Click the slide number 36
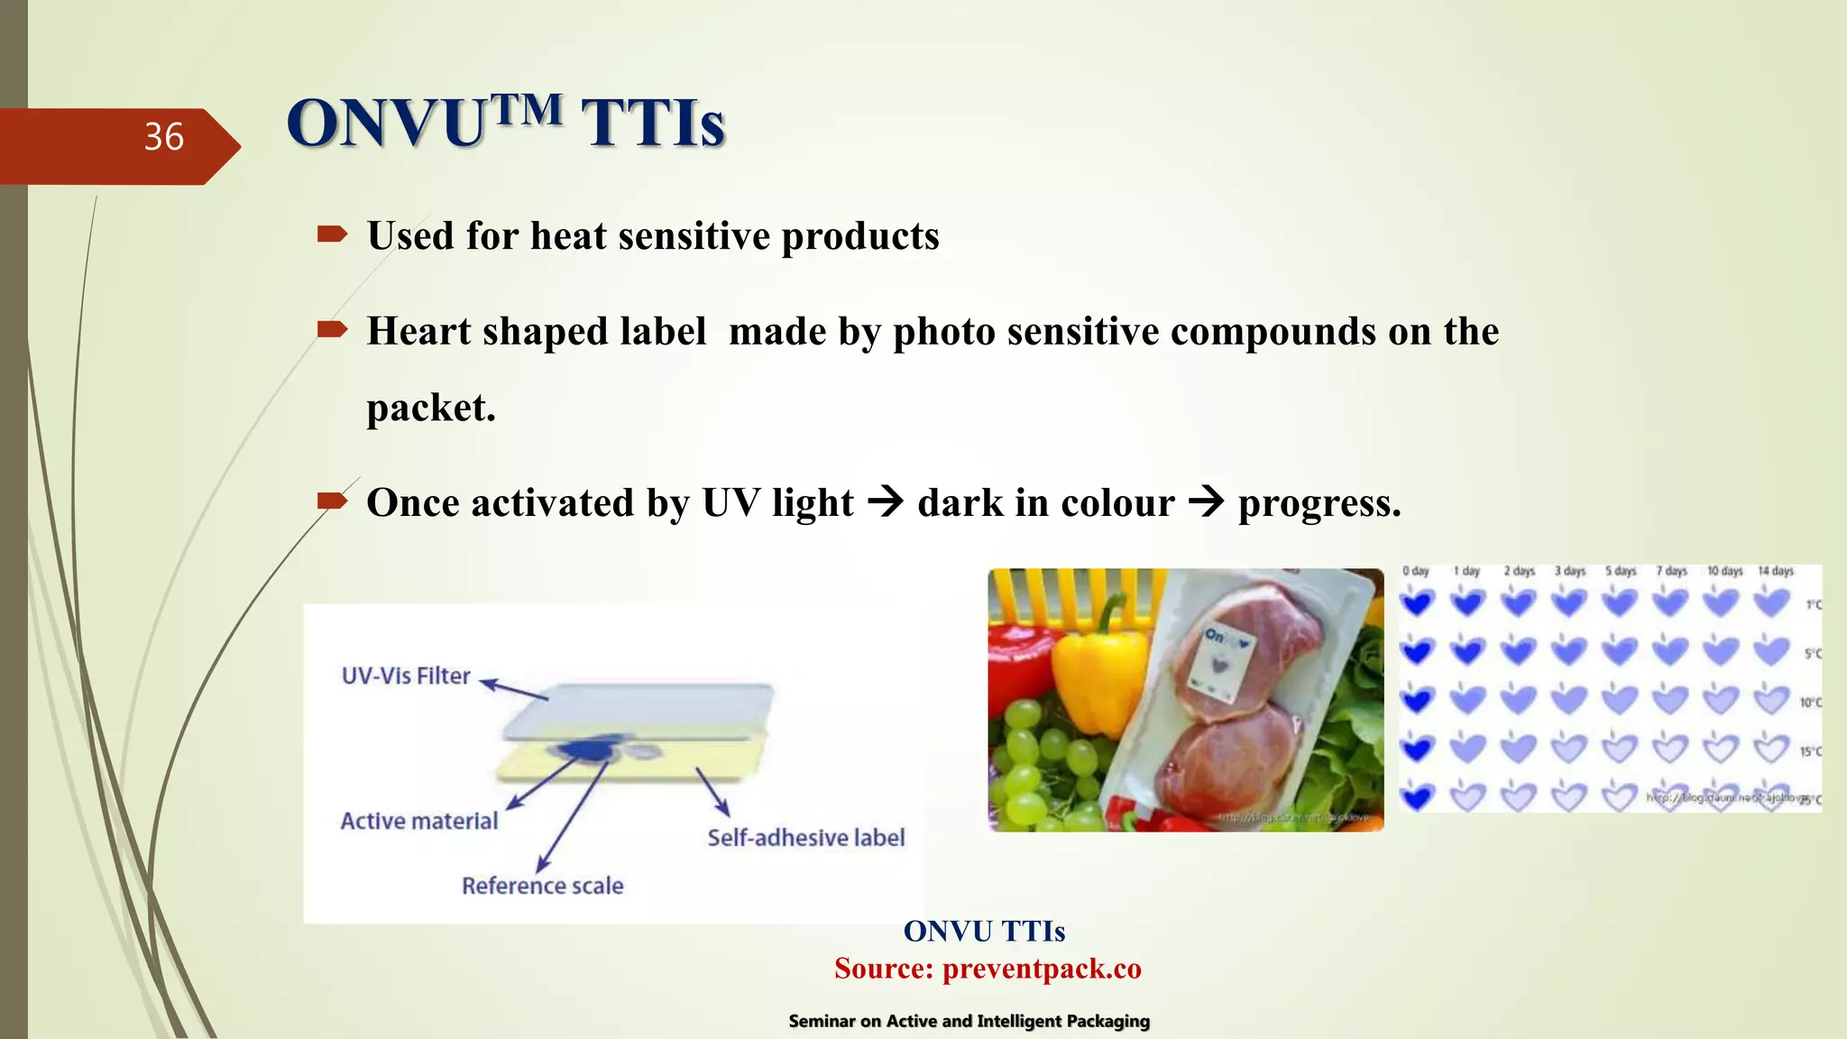pyautogui.click(x=163, y=137)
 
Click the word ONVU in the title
pyautogui.click(x=386, y=124)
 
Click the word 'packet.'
pyautogui.click(x=430, y=408)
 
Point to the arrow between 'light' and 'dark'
pyautogui.click(x=885, y=501)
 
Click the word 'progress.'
pyautogui.click(x=1319, y=503)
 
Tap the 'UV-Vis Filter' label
pyautogui.click(x=406, y=676)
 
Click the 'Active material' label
pyautogui.click(x=418, y=821)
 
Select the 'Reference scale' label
pyautogui.click(x=542, y=886)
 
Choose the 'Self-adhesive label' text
pyautogui.click(x=805, y=838)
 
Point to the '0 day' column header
pyautogui.click(x=1416, y=571)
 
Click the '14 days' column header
pyautogui.click(x=1776, y=571)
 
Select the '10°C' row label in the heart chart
pyautogui.click(x=1810, y=702)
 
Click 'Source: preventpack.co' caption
pyautogui.click(x=988, y=969)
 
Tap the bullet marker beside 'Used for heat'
pyautogui.click(x=332, y=235)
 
